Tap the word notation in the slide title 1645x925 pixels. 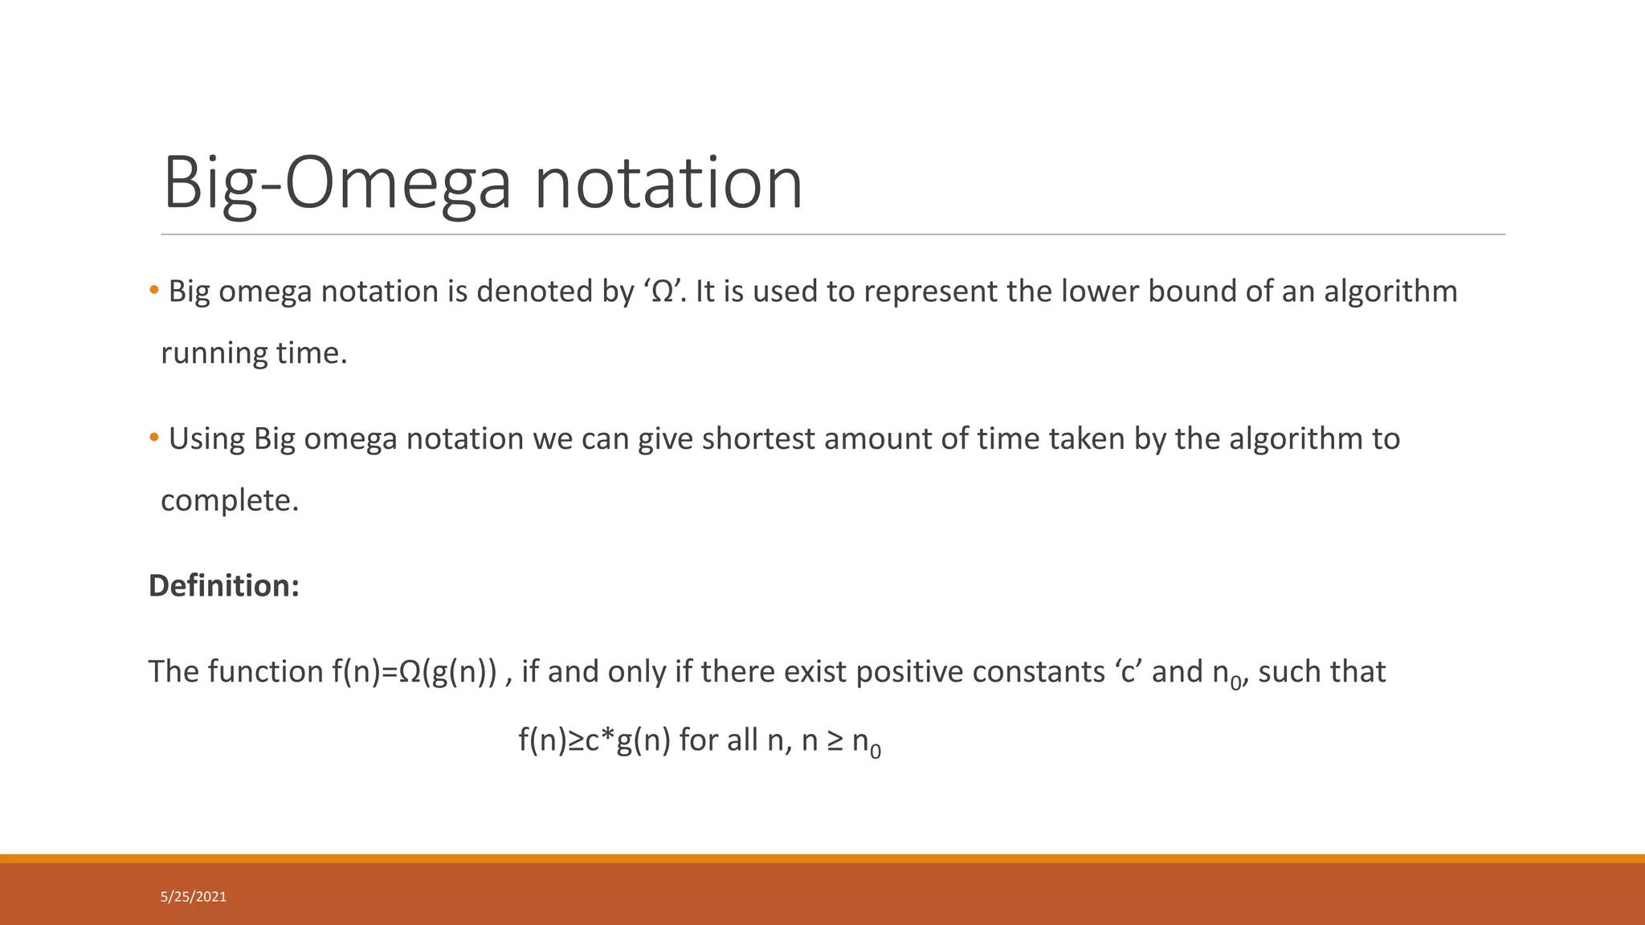[668, 183]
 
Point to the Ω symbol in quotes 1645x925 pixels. [663, 291]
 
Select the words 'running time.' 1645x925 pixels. [254, 353]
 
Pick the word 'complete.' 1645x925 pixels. [230, 500]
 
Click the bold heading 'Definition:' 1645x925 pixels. [224, 585]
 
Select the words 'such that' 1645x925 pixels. [1322, 671]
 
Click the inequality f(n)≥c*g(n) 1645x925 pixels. [594, 740]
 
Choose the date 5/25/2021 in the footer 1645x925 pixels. [194, 897]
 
